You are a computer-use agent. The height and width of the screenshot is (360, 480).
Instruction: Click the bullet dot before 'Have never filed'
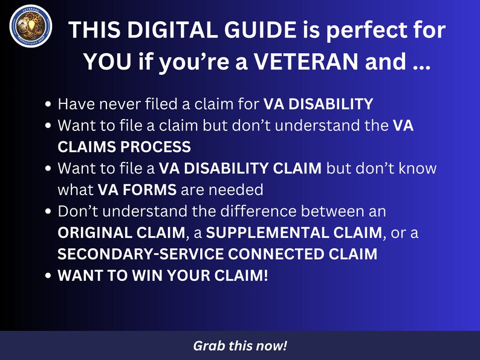[x=48, y=104]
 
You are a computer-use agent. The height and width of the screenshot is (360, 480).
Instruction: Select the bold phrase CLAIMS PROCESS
[x=124, y=147]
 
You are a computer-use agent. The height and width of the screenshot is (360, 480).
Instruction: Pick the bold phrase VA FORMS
[x=137, y=190]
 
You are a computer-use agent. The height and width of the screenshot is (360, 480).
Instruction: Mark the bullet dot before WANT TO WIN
[x=48, y=277]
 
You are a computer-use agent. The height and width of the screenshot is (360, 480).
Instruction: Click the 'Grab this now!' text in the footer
[x=240, y=346]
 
